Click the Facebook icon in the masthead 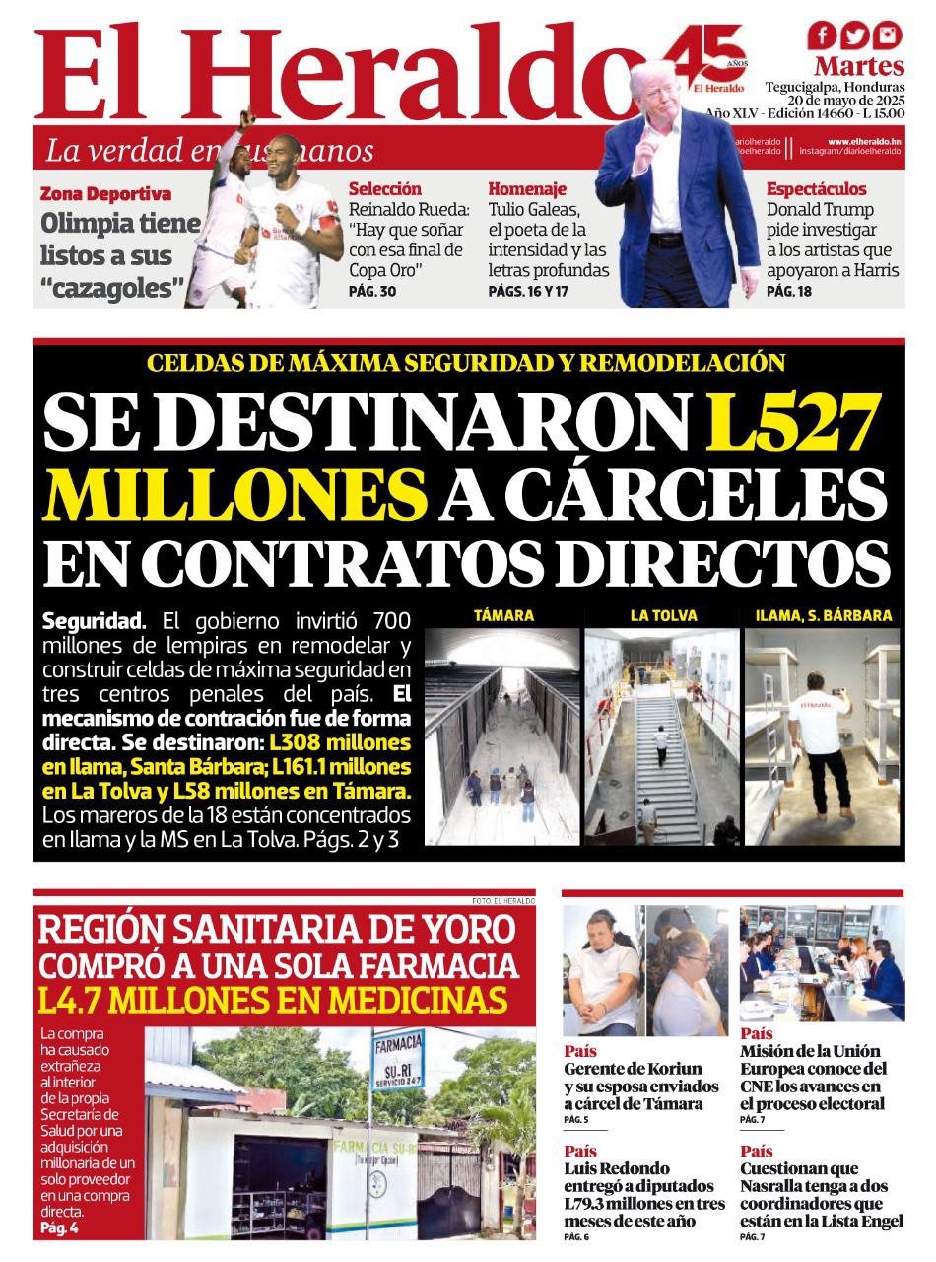point(822,36)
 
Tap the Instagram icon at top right point(888,36)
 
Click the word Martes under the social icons point(859,67)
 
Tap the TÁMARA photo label point(503,615)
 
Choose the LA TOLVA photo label point(663,615)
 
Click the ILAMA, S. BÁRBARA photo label point(823,615)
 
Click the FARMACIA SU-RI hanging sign point(398,1059)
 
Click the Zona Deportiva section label point(105,194)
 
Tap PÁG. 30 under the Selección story point(372,292)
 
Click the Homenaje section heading point(527,188)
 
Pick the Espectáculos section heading point(816,188)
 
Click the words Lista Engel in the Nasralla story point(856,1221)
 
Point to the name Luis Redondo point(617,1168)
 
